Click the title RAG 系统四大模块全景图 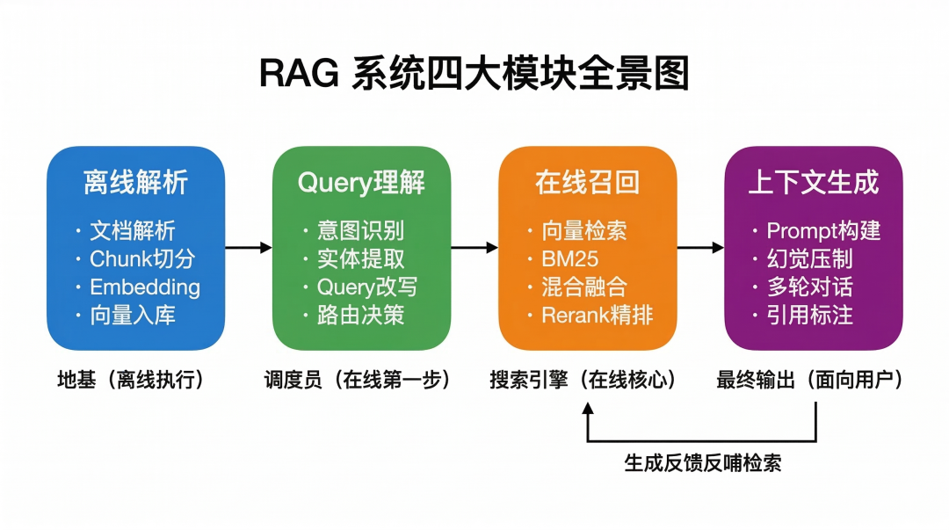coord(474,74)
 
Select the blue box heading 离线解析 coord(135,183)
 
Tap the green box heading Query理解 coord(361,183)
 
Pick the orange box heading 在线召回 coord(587,183)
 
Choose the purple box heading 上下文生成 coord(813,183)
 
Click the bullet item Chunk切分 coord(142,259)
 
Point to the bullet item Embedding coord(145,287)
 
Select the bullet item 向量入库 coord(133,316)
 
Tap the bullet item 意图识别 coord(360,231)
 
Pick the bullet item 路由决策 coord(360,316)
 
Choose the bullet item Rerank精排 coord(598,316)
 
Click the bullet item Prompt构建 coord(823,231)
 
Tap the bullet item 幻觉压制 coord(809,259)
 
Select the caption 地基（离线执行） coord(130,380)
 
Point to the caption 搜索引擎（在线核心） coord(585,380)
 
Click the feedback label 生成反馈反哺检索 coord(702,462)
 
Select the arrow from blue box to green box coord(248,248)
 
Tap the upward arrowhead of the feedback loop coord(588,409)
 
